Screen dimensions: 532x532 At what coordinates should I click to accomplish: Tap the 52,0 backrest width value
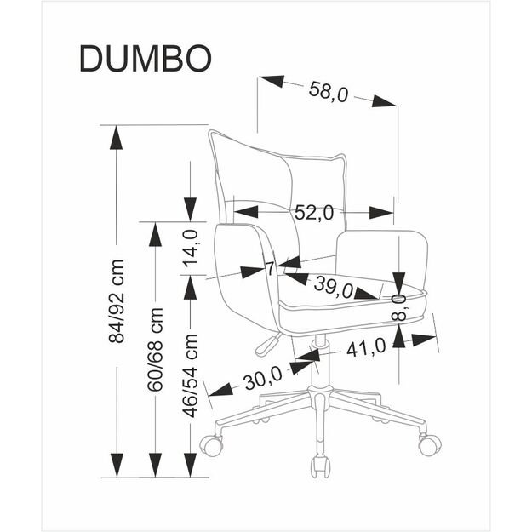tap(313, 214)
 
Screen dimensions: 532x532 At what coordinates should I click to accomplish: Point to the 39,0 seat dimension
tap(333, 287)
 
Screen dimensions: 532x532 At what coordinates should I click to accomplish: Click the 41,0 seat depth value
tap(366, 346)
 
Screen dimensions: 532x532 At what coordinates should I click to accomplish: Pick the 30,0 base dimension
tap(262, 380)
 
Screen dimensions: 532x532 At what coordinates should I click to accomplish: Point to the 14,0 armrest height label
tap(192, 249)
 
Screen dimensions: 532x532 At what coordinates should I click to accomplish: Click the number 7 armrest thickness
tap(270, 270)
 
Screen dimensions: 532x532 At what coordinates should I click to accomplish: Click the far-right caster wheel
tap(429, 443)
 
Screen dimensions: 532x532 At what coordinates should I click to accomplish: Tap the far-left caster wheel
tap(210, 443)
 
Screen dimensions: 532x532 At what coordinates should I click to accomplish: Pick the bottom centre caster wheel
tap(320, 465)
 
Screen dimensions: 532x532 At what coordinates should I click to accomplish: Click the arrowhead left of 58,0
tap(271, 83)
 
